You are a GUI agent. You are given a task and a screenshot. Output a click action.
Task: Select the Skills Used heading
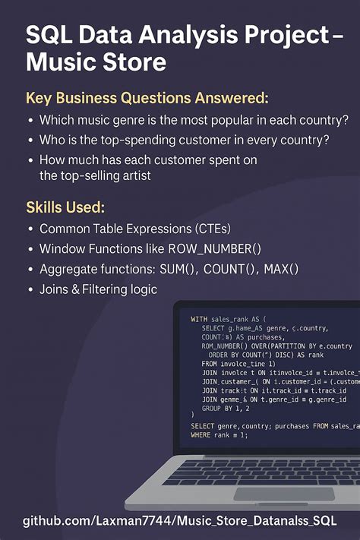[66, 207]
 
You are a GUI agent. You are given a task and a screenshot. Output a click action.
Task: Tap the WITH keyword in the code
[199, 319]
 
